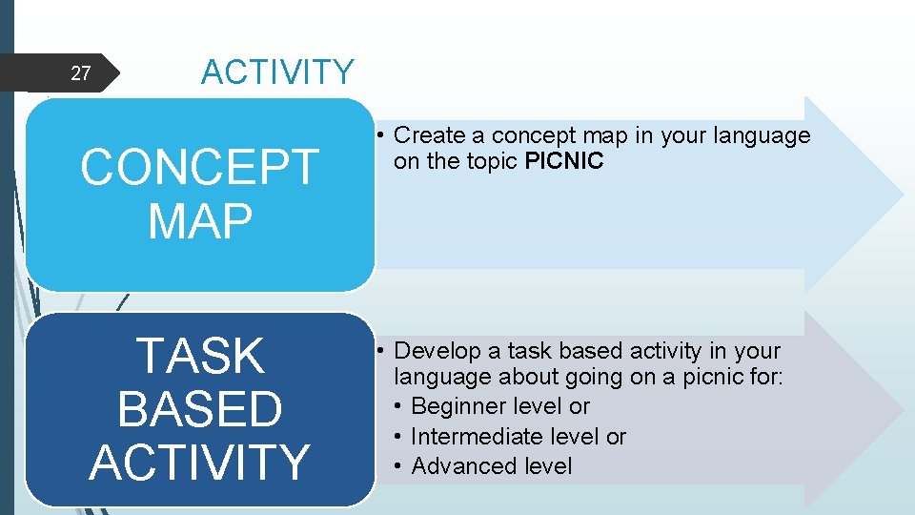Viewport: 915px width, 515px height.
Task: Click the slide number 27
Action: [81, 73]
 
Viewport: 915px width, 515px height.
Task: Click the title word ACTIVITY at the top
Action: [277, 72]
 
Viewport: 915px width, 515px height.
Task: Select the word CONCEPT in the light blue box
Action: [199, 168]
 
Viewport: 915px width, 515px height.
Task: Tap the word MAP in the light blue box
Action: [200, 220]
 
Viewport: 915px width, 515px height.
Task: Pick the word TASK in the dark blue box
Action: [200, 357]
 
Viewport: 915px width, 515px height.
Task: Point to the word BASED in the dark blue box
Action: [200, 409]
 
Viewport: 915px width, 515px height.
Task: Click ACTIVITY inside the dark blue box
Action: [200, 462]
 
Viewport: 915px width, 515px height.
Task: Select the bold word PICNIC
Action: [564, 161]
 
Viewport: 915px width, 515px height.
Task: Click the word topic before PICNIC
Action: [490, 161]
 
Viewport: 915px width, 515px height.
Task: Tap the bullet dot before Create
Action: [379, 135]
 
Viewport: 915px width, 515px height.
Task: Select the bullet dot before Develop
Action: [379, 351]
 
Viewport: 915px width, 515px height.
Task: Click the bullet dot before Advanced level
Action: [397, 466]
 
